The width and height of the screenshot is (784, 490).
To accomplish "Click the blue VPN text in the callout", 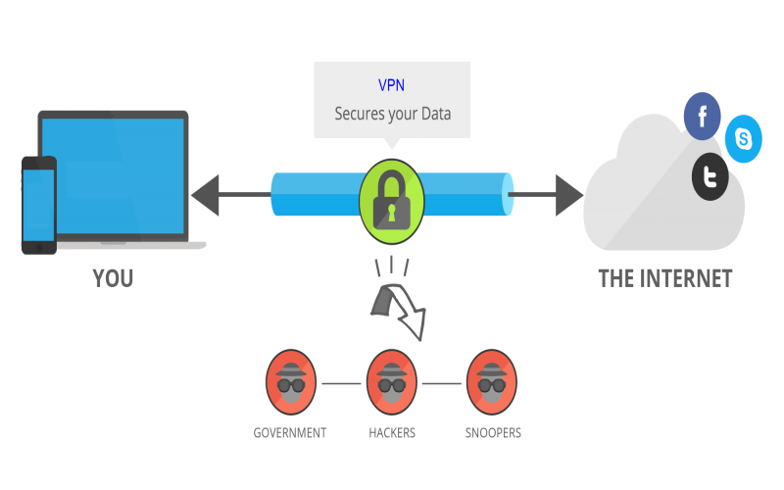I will coord(392,85).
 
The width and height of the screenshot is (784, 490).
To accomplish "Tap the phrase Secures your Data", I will coord(392,113).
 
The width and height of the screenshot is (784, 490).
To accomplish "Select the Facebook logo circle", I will coord(702,118).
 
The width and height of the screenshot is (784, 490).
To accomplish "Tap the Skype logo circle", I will coord(744,139).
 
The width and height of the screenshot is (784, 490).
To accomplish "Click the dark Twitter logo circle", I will coord(710,176).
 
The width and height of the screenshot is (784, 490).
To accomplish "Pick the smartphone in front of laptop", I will coord(39,205).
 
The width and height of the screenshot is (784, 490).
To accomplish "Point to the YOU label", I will coord(113,278).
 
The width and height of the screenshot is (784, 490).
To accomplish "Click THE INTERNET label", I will coord(665,278).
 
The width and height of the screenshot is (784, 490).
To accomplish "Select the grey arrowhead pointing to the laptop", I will coord(207,194).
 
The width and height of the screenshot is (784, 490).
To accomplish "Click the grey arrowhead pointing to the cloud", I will coord(567,194).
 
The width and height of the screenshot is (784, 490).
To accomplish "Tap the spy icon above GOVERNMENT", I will coord(290,382).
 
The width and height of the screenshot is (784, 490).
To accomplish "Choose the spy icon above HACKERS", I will coord(392,382).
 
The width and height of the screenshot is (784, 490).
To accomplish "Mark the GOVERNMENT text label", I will coord(290,432).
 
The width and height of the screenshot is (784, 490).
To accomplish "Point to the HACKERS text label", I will coord(392,432).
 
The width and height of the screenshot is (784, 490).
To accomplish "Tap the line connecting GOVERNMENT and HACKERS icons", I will coord(341,383).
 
